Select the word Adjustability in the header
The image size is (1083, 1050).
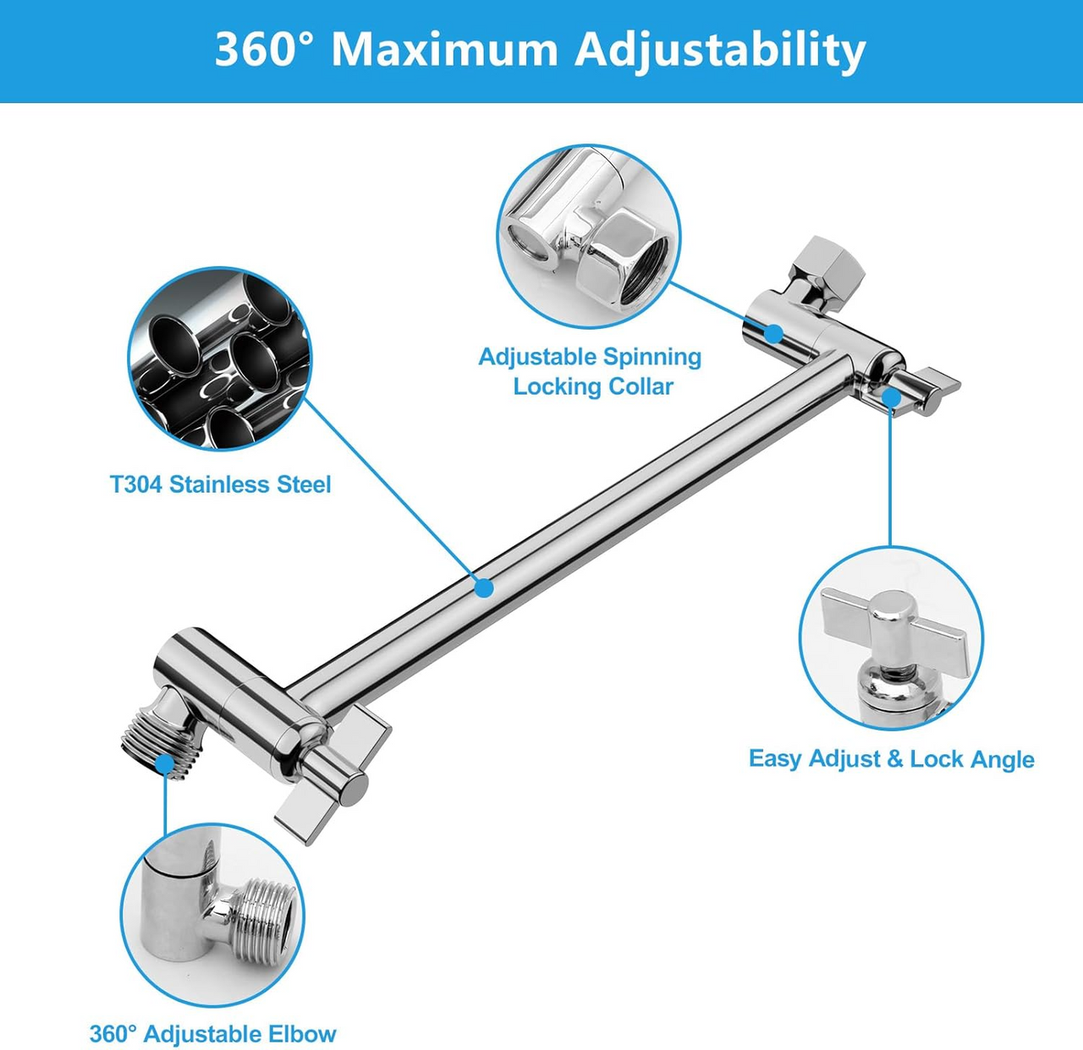click(720, 51)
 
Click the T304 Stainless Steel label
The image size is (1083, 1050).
click(220, 484)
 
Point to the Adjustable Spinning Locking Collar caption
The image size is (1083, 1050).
click(591, 371)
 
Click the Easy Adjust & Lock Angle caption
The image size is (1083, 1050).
click(891, 758)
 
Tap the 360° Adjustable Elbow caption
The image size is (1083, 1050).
click(213, 1034)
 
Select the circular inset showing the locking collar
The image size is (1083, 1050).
click(589, 236)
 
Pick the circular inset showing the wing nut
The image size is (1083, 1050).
click(891, 637)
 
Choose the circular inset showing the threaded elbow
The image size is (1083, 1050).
click(212, 916)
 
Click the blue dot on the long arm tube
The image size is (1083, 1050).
click(483, 587)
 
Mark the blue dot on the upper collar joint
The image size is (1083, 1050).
click(772, 332)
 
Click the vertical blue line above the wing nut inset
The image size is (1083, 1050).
click(890, 473)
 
